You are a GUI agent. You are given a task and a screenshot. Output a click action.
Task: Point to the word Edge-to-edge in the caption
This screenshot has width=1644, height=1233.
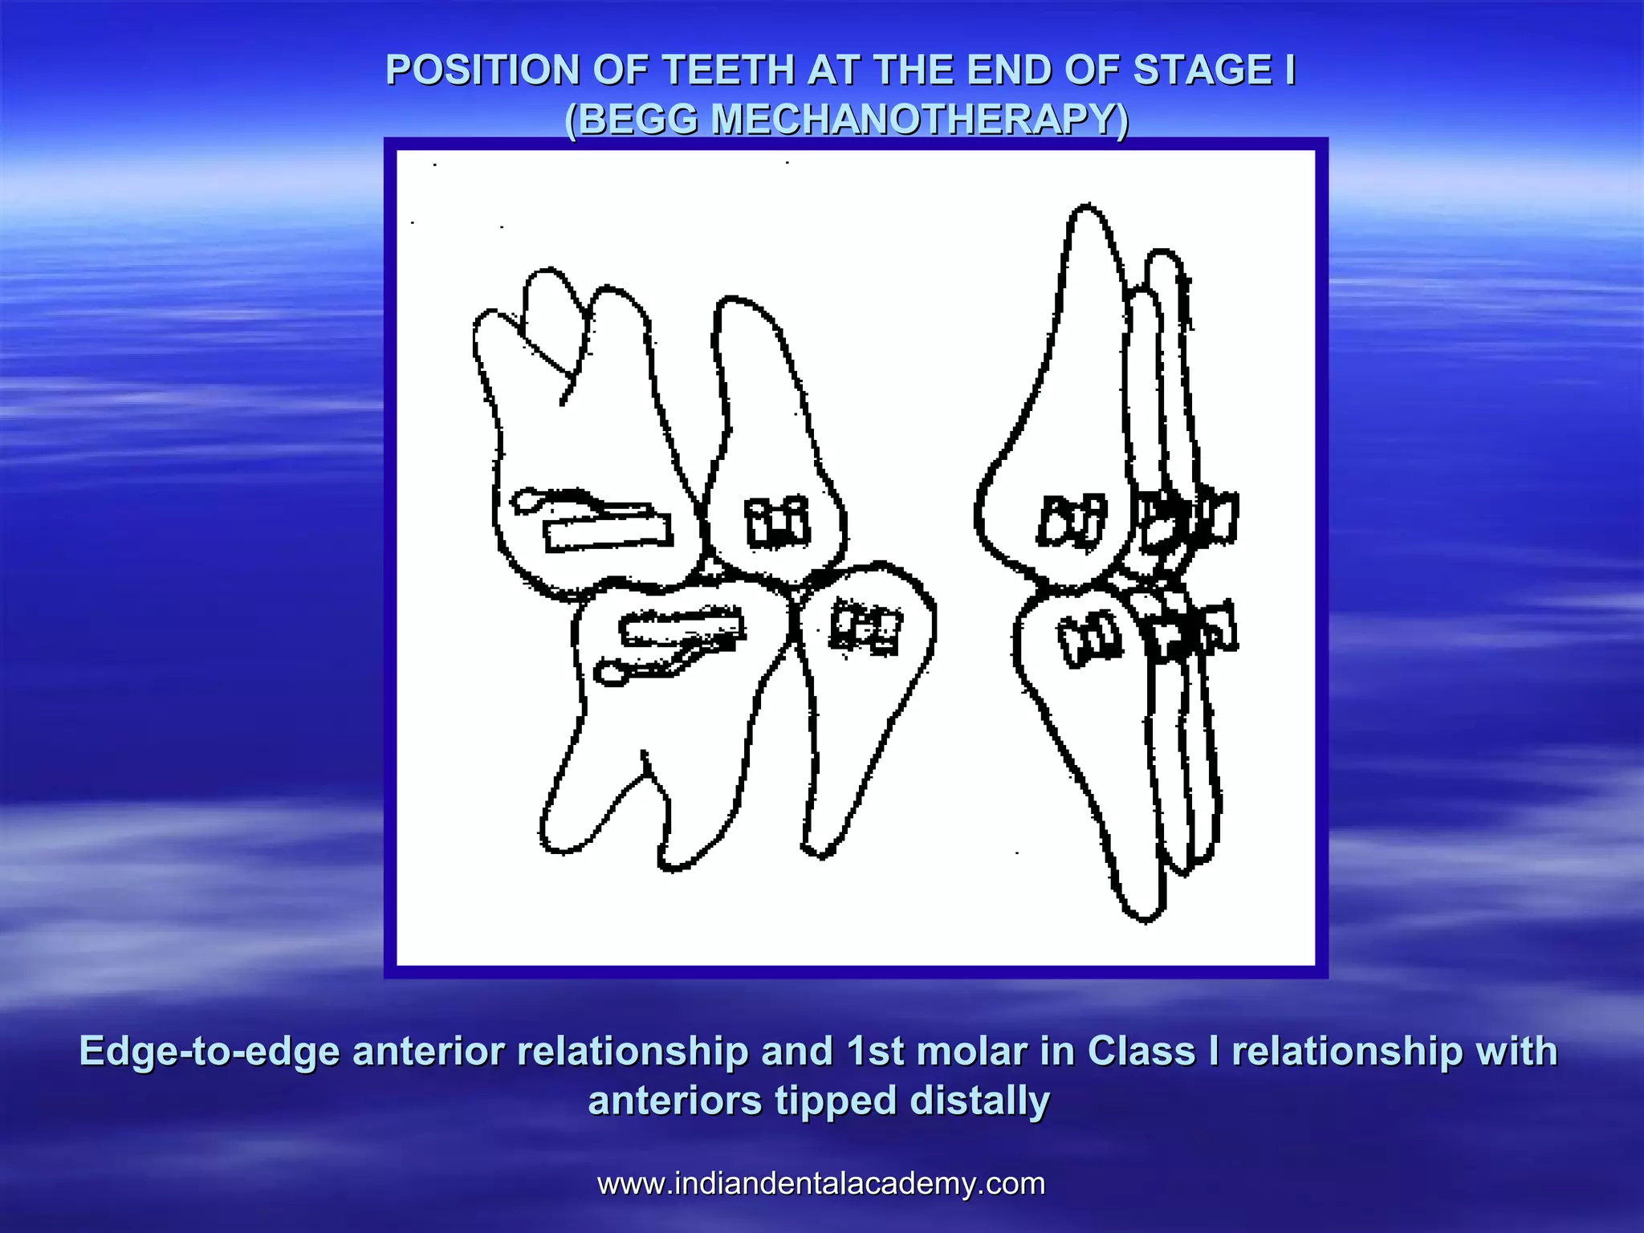click(x=210, y=1052)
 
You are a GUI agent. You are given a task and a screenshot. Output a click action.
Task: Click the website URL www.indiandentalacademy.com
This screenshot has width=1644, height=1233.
click(x=821, y=1183)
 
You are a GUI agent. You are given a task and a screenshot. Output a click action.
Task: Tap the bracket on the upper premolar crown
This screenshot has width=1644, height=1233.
click(x=776, y=522)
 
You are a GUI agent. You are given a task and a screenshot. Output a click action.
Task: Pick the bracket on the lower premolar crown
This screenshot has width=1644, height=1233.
click(x=865, y=626)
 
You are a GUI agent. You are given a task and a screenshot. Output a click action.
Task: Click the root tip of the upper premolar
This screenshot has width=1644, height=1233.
click(x=730, y=302)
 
